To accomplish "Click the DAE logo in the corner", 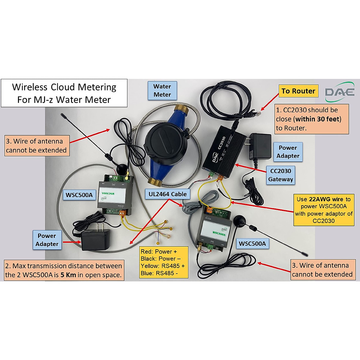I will (x=340, y=92).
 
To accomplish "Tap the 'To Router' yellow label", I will (x=298, y=91).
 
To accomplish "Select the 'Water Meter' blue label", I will (x=162, y=91).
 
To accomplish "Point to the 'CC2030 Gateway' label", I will (x=280, y=175).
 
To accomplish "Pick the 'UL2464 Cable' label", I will (x=167, y=194).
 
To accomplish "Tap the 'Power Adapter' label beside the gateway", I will (x=288, y=152).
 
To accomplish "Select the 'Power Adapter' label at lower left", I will (x=47, y=240).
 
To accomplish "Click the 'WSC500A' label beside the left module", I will (x=79, y=195).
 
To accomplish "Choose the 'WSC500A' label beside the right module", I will (x=252, y=244).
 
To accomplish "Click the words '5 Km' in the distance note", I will (x=68, y=275).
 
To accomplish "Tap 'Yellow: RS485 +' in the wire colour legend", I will (x=163, y=266).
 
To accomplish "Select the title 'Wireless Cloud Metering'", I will (x=64, y=87).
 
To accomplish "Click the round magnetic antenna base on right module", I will (x=240, y=220).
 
